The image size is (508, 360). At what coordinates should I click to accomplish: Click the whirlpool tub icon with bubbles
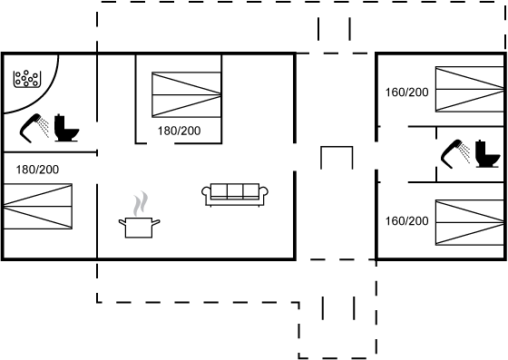coord(27,79)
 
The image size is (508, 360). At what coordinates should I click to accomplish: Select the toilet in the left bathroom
coord(66,128)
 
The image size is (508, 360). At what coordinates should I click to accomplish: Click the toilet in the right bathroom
coord(487,154)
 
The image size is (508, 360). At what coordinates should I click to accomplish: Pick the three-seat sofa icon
coord(235,195)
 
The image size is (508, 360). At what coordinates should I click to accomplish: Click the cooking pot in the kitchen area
coord(139,228)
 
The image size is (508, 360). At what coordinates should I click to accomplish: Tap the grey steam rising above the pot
coord(141,204)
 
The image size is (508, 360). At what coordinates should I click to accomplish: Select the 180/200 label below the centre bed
coord(180,131)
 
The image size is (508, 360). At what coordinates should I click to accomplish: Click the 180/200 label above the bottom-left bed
coord(37,170)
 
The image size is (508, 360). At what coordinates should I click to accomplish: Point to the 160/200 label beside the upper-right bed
coord(407,92)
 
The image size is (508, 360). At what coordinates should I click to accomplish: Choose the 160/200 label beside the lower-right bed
coord(407,221)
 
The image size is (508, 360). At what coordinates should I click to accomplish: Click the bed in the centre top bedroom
coord(187,95)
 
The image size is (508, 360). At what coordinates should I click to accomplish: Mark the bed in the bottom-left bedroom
coord(37,206)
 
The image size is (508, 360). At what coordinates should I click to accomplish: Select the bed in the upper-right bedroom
coord(470,90)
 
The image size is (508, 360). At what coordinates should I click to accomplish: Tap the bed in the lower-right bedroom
coord(470,223)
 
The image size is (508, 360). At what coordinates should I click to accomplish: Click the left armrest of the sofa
coord(206,192)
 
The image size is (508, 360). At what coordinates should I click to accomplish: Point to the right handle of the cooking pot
coord(156,222)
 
